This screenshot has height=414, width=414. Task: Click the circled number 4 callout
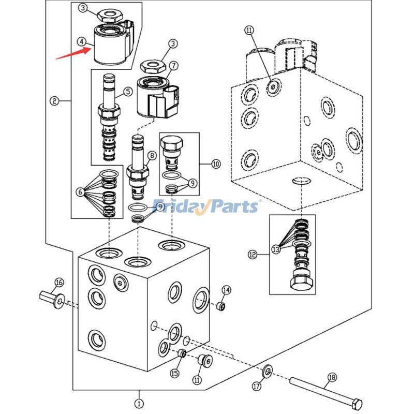[81, 41]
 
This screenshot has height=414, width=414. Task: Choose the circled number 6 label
[80, 192]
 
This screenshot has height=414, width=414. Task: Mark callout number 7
[173, 66]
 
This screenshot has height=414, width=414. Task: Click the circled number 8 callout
[152, 155]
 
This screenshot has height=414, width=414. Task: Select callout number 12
[252, 255]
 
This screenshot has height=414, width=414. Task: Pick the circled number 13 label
[276, 249]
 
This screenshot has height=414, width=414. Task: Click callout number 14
[226, 289]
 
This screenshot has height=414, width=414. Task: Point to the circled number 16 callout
[59, 282]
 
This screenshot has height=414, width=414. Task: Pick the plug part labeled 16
[50, 299]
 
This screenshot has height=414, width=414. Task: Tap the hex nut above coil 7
[155, 66]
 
